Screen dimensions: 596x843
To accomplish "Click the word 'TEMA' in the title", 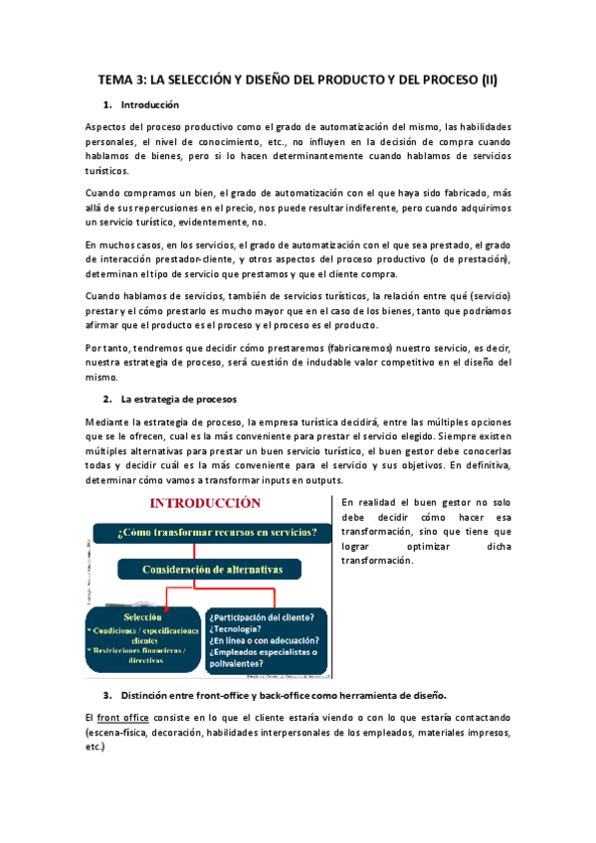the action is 117,80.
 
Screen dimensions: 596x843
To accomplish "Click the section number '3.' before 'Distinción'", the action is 107,694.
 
